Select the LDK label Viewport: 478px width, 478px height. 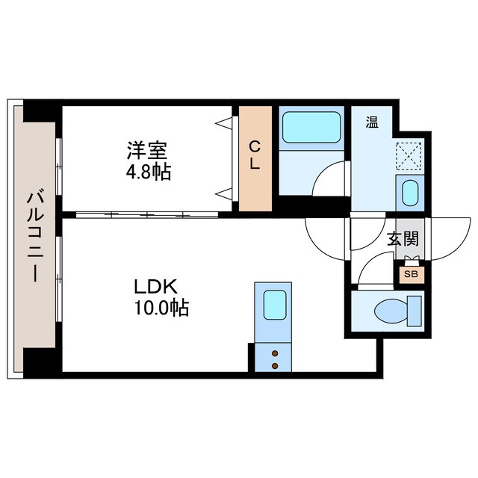155,286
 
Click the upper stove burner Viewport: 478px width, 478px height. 276,353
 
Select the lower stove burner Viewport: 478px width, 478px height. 276,365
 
